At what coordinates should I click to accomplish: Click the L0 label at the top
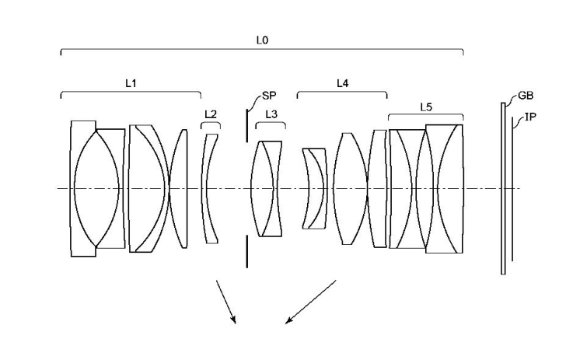click(263, 40)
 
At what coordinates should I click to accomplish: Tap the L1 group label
click(131, 83)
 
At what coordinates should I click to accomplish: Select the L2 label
click(211, 114)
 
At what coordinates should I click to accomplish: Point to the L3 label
click(271, 114)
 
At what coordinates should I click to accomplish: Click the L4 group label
click(343, 83)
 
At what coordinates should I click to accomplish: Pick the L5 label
click(426, 107)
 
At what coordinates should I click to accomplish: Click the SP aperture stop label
click(269, 96)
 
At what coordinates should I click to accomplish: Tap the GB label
click(526, 96)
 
